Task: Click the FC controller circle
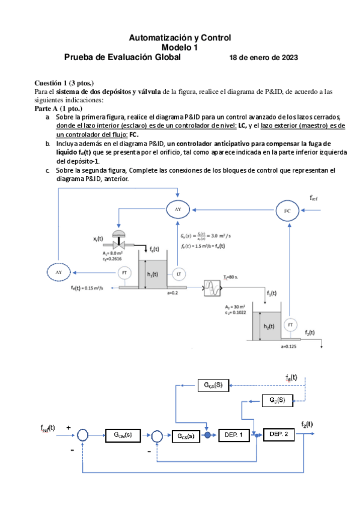click(287, 210)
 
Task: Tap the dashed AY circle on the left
click(59, 272)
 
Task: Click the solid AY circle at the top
click(177, 209)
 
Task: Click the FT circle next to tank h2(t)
click(290, 325)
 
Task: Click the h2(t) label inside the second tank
click(268, 326)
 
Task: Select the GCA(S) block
click(213, 384)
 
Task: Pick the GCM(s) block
click(123, 434)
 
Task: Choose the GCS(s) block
click(185, 435)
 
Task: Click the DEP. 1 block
click(232, 434)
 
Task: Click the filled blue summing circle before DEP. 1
click(207, 435)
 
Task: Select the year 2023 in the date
click(287, 58)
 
